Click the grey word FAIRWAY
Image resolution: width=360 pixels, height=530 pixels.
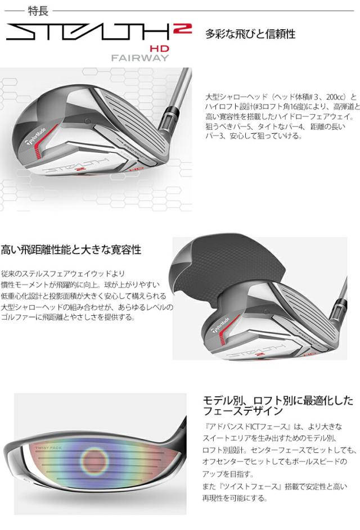[x=136, y=58]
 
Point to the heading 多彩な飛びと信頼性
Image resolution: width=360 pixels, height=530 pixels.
[x=250, y=34]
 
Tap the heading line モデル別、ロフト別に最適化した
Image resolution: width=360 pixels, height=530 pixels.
[x=278, y=401]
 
